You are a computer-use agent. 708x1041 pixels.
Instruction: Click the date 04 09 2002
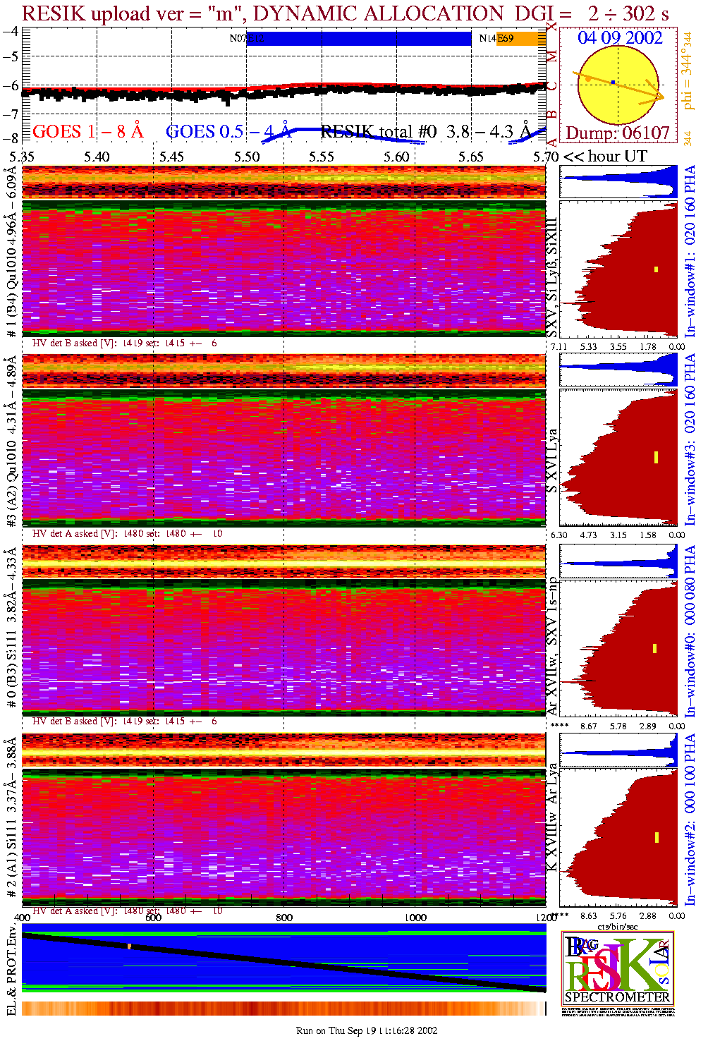(620, 38)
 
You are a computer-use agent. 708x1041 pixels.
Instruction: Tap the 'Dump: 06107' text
(618, 133)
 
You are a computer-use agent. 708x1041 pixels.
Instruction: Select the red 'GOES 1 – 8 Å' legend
(87, 131)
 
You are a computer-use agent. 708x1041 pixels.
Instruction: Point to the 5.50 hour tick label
(247, 157)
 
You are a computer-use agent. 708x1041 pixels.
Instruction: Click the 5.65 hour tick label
(471, 157)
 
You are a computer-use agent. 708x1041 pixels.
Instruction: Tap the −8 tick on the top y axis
(11, 138)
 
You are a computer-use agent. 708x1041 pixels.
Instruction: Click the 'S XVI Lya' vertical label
(552, 461)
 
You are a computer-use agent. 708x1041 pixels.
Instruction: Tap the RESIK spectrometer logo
(618, 968)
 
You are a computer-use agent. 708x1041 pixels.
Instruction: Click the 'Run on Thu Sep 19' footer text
(367, 1030)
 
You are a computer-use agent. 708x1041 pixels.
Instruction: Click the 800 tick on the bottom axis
(284, 918)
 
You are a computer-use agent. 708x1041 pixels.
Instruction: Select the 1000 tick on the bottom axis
(415, 918)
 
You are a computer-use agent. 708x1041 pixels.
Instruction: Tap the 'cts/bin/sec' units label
(618, 926)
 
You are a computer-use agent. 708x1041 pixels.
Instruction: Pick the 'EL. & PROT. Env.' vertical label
(11, 973)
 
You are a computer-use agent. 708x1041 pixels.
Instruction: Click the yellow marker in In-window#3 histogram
(656, 457)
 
